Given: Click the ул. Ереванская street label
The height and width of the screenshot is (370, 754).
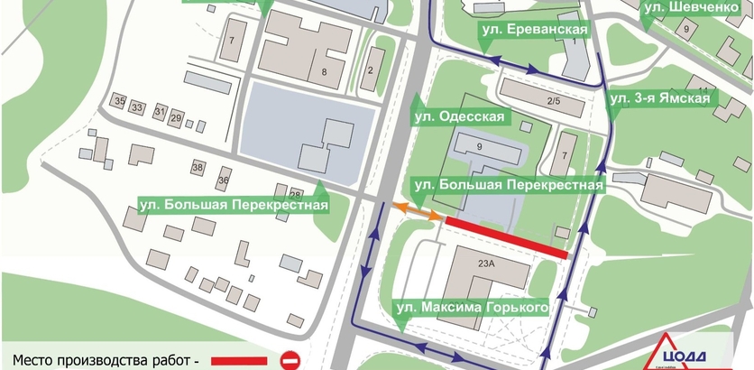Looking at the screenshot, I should pyautogui.click(x=534, y=32).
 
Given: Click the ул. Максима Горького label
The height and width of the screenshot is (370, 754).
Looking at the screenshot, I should pyautogui.click(x=473, y=309).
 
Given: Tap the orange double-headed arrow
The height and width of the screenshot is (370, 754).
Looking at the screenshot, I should pyautogui.click(x=416, y=210).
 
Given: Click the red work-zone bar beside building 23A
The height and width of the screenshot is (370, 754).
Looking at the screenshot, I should pyautogui.click(x=507, y=237).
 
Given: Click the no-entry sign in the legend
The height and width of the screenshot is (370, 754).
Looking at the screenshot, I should pyautogui.click(x=290, y=360).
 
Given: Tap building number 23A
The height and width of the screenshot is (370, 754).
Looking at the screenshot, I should pyautogui.click(x=487, y=264).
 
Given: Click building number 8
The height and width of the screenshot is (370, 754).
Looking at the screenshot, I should pyautogui.click(x=322, y=71).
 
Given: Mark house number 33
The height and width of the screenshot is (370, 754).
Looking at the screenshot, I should pyautogui.click(x=137, y=107).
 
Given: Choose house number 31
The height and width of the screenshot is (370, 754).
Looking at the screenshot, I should pyautogui.click(x=161, y=112).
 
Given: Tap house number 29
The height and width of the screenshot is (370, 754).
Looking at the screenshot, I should pyautogui.click(x=176, y=118).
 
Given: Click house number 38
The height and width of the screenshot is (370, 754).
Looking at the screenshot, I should pyautogui.click(x=198, y=168).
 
